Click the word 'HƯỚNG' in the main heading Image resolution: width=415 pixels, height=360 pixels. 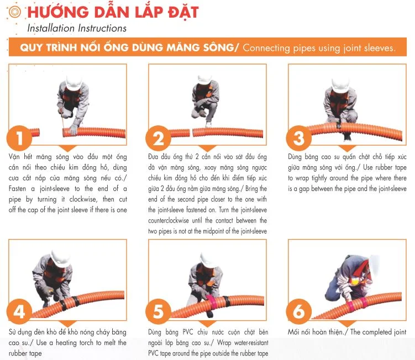click(53, 12)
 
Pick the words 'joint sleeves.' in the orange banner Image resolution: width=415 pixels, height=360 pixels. click(365, 48)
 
